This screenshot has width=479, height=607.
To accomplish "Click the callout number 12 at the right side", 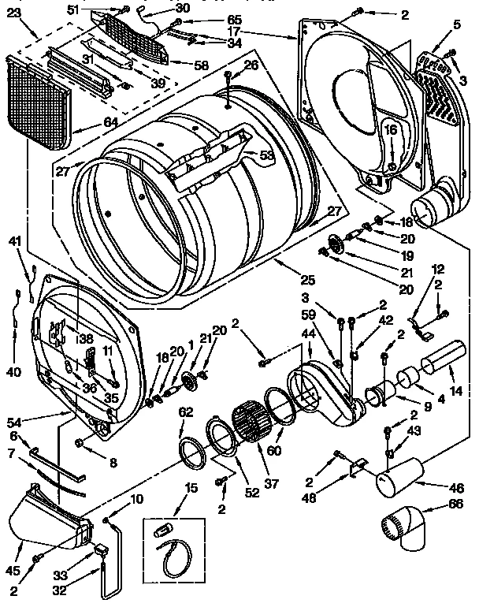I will pos(439,269).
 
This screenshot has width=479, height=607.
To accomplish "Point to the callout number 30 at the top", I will pos(183,8).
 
